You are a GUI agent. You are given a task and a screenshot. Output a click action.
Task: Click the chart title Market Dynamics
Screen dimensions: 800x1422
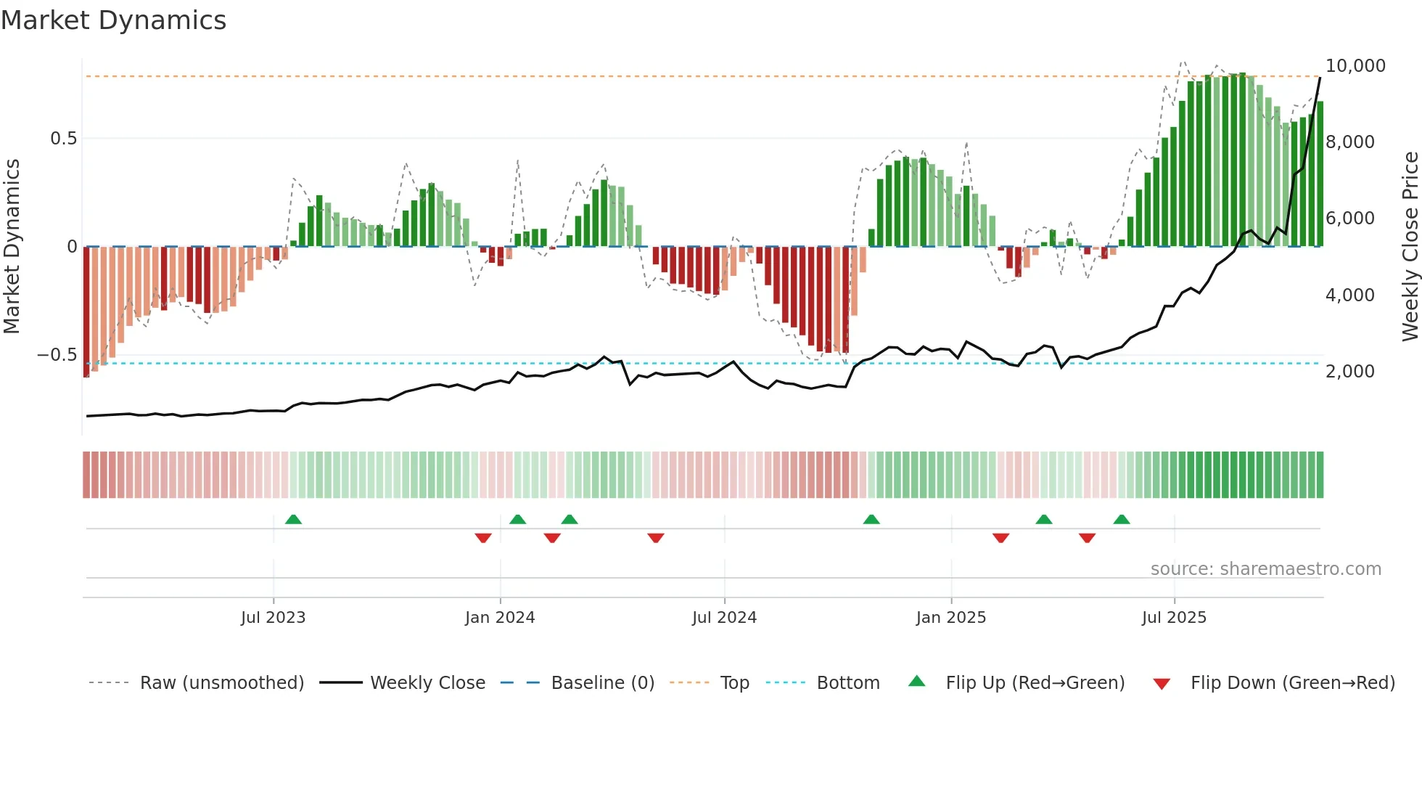point(113,20)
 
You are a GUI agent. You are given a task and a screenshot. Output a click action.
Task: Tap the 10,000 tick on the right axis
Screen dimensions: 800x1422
point(1355,66)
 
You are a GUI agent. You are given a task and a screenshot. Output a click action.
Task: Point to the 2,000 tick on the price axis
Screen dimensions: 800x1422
point(1349,372)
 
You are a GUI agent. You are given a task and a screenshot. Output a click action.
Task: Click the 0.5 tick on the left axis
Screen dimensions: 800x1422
point(63,139)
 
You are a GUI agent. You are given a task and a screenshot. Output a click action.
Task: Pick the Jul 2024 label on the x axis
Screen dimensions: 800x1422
point(724,618)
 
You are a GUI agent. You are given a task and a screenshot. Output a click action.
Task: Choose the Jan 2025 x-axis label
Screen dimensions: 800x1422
point(950,618)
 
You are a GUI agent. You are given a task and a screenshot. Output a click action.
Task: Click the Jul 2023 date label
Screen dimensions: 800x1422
point(273,618)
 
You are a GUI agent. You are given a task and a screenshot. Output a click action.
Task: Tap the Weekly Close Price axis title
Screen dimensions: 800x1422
point(1410,247)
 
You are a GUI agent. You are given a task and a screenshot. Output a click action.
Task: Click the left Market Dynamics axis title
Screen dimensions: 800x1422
point(12,247)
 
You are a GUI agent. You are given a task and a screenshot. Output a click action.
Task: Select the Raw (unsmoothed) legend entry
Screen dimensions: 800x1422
point(221,683)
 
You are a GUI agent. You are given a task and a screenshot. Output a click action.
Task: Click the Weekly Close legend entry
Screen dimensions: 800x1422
point(427,683)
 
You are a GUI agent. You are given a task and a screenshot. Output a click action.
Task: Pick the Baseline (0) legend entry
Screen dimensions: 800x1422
point(602,683)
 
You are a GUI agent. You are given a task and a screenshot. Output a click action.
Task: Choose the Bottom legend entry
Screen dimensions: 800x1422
point(847,683)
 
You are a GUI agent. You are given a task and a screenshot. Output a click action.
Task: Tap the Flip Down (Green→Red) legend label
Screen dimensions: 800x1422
point(1292,683)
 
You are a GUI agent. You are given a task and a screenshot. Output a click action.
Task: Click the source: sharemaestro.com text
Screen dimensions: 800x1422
point(1265,569)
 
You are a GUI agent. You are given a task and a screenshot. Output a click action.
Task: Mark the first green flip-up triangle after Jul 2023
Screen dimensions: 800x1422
point(293,520)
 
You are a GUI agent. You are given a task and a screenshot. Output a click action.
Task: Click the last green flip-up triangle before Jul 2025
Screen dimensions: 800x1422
point(1122,520)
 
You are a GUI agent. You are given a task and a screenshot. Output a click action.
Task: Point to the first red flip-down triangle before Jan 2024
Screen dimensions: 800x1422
point(483,538)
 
